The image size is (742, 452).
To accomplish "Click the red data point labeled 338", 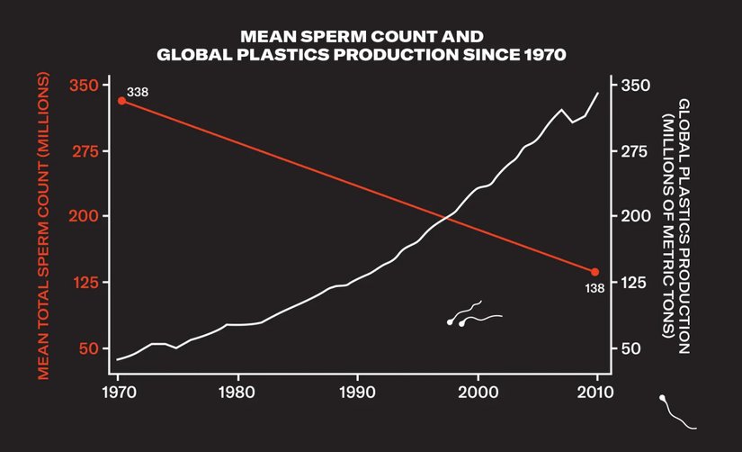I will pyautogui.click(x=122, y=100).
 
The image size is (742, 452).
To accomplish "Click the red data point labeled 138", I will pyautogui.click(x=594, y=271).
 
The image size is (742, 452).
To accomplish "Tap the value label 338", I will pyautogui.click(x=138, y=92).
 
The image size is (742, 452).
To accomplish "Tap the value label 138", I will pyautogui.click(x=594, y=288).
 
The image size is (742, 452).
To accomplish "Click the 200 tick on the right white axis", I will pyautogui.click(x=630, y=216).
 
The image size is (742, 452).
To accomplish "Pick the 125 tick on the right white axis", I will pyautogui.click(x=629, y=282).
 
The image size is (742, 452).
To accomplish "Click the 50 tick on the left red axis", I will pyautogui.click(x=87, y=348).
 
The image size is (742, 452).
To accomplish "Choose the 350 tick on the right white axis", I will pyautogui.click(x=630, y=85).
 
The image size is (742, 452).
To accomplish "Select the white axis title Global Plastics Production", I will pyautogui.click(x=676, y=217).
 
